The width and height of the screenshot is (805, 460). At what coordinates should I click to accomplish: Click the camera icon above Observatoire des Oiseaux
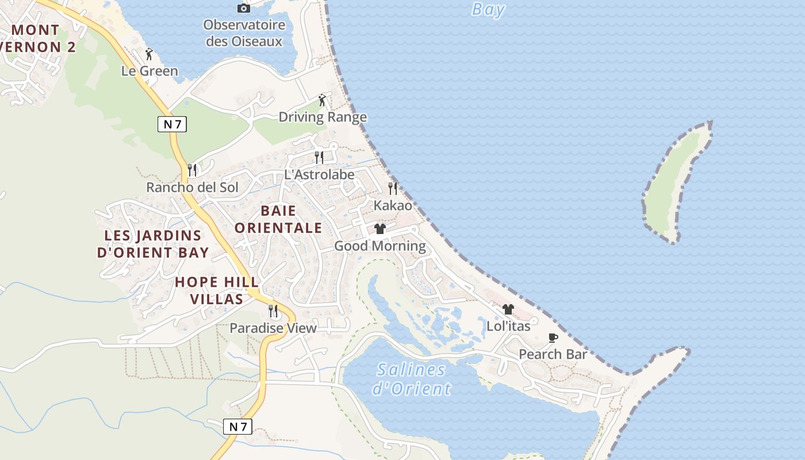click(x=244, y=8)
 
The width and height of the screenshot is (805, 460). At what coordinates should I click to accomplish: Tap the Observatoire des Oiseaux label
click(x=244, y=33)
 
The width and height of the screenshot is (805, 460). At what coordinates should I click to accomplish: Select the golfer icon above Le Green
click(x=149, y=54)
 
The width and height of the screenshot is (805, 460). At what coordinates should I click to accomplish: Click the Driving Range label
click(x=323, y=117)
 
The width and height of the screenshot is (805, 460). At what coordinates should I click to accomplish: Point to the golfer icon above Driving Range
click(x=322, y=100)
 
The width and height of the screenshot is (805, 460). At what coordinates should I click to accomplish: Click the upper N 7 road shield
click(x=172, y=124)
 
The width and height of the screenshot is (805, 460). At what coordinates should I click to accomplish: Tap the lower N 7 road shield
click(x=237, y=426)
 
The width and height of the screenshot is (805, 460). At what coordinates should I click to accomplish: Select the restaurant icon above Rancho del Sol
click(x=192, y=170)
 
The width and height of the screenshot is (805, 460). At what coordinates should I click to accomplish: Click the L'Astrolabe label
click(x=319, y=174)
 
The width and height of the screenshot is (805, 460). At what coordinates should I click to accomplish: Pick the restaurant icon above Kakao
click(x=393, y=188)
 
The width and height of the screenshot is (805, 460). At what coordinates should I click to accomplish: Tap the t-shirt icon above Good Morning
click(x=379, y=229)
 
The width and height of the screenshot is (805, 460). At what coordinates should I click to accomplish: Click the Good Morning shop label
click(x=380, y=246)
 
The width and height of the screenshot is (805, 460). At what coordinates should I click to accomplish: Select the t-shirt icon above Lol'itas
click(x=508, y=309)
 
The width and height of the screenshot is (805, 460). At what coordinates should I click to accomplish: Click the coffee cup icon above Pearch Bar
click(x=553, y=338)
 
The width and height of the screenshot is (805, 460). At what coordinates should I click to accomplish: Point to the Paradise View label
click(x=273, y=328)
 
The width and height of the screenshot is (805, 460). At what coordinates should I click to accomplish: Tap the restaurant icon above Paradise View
click(x=273, y=311)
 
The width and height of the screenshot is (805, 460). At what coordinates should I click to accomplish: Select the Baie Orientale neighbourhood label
click(x=278, y=219)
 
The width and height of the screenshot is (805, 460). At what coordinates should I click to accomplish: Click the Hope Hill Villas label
click(x=217, y=290)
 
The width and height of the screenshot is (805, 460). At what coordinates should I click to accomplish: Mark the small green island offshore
click(x=675, y=181)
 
